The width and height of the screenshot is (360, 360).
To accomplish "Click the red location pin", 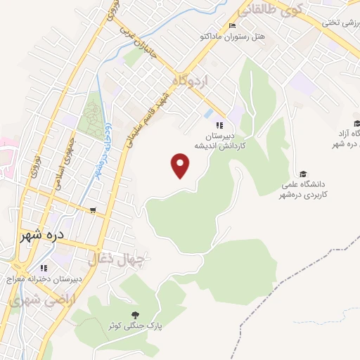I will [x=181, y=166].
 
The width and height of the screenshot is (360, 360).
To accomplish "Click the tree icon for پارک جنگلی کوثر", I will [x=135, y=315].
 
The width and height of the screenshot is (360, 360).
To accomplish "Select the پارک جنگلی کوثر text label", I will [x=135, y=327].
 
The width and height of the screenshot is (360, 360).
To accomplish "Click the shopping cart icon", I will [x=93, y=210].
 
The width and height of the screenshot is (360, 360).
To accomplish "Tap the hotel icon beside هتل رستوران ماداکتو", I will [x=233, y=26].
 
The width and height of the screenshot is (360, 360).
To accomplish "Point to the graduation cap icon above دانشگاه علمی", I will [x=303, y=174].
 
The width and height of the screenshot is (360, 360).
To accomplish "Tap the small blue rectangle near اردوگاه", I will [x=208, y=112].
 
